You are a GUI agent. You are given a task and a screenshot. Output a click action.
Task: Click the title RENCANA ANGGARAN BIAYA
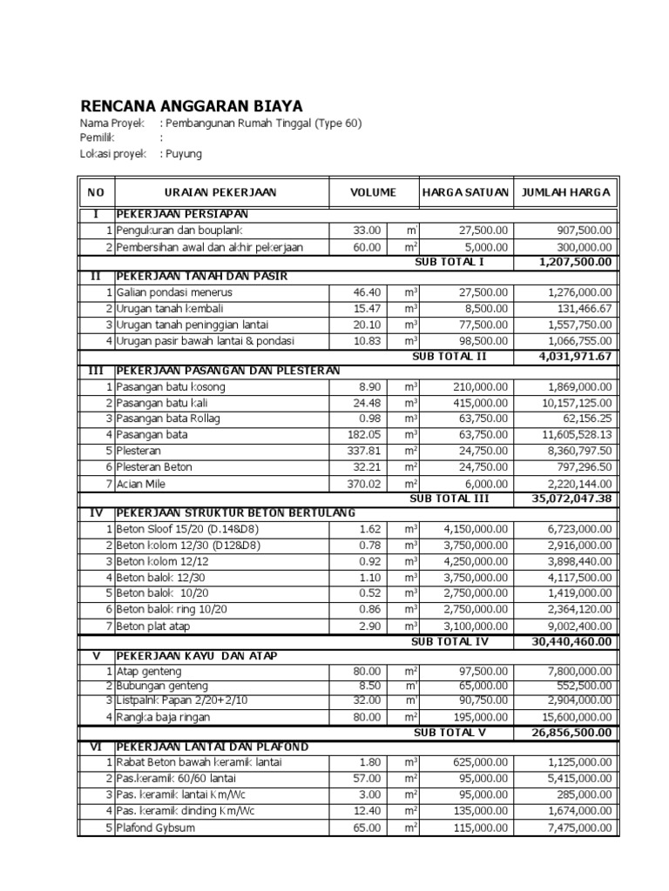point(192,105)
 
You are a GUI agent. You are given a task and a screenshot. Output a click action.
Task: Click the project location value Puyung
point(184,154)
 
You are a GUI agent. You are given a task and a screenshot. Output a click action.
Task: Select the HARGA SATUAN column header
point(464,192)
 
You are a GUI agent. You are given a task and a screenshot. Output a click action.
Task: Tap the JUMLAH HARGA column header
point(565,192)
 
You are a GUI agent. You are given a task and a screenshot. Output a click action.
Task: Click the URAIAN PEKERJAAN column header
point(221,192)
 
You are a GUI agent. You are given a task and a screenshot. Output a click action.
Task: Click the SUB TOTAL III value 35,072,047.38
point(571,499)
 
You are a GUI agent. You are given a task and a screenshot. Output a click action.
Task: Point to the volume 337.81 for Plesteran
point(363,451)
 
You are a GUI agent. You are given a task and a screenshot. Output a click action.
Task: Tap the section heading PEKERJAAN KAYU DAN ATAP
point(200,654)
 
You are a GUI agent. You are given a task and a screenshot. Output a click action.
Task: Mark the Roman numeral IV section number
point(96,513)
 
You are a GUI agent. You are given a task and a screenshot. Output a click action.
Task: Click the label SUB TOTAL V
point(449,733)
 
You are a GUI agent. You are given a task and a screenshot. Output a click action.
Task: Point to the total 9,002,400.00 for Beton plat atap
point(576,626)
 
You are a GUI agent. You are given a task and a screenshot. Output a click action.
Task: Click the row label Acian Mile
point(144,483)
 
